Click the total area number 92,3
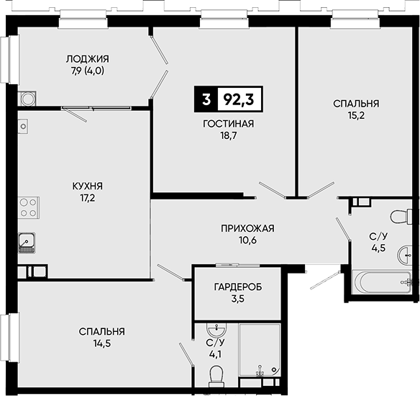[x=238, y=99]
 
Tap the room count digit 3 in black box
[x=206, y=99]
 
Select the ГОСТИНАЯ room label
[x=229, y=124]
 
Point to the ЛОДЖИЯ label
[x=88, y=59]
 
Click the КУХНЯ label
[x=88, y=186]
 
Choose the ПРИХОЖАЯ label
[x=247, y=228]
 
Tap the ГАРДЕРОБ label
[x=238, y=287]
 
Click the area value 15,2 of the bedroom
[x=356, y=116]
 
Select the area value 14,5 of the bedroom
[x=102, y=343]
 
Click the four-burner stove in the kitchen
[x=28, y=207]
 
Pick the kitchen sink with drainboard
[x=27, y=243]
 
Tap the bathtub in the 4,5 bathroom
[x=383, y=282]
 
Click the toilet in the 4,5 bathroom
[x=401, y=216]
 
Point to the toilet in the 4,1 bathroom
[x=216, y=377]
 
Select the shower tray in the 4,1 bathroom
[x=260, y=351]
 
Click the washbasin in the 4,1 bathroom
[x=216, y=330]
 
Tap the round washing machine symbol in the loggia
[x=27, y=99]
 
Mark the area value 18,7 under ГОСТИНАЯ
[x=229, y=136]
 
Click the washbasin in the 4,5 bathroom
[x=405, y=254]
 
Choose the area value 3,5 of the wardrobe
[x=238, y=299]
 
